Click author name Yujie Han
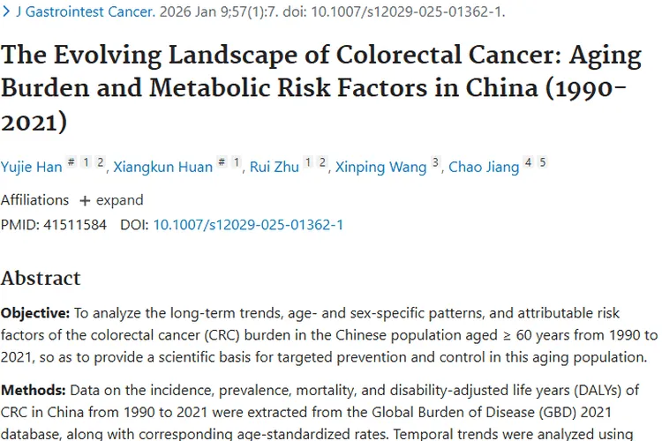[32, 167]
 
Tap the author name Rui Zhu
[275, 167]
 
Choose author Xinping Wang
[380, 167]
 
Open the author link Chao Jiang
[484, 167]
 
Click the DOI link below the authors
[248, 225]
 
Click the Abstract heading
[41, 278]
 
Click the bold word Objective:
[34, 313]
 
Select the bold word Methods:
[32, 389]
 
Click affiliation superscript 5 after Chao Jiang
[543, 162]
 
